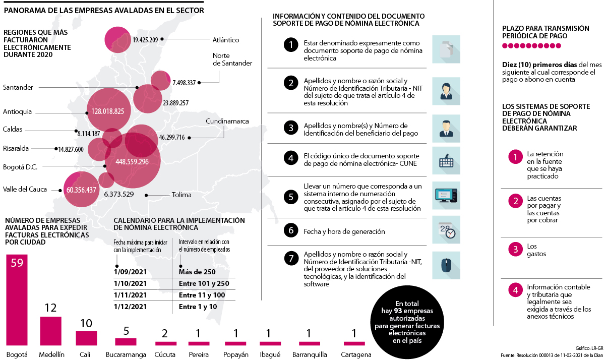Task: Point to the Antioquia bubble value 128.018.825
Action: point(108,111)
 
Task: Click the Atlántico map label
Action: point(226,40)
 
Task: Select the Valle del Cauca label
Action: point(25,190)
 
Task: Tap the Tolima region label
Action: point(181,195)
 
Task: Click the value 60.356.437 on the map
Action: point(81,190)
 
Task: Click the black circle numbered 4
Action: point(290,158)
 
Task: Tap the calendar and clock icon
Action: point(446,231)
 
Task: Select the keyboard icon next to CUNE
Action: point(446,161)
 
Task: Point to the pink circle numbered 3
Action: point(515,250)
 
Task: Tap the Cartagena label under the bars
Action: point(355,354)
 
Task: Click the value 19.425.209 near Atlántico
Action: point(145,39)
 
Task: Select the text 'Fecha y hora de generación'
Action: point(344,231)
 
